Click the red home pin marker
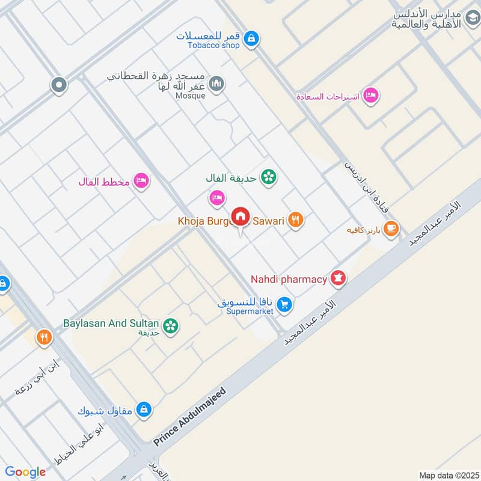click(240, 216)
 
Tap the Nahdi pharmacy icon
click(339, 279)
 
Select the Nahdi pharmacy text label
click(289, 279)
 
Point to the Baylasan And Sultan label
click(112, 323)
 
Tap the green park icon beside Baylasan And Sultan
click(171, 326)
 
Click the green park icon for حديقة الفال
click(268, 177)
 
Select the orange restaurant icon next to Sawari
click(295, 220)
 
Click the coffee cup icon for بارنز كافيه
click(391, 229)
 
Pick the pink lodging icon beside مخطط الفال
click(141, 180)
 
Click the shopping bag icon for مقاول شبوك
click(143, 410)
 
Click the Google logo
click(25, 472)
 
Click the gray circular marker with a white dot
click(58, 85)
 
